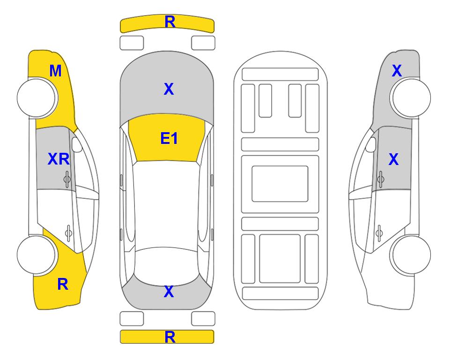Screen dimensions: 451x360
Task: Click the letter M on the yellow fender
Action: [56, 71]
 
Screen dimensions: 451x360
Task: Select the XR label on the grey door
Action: [59, 159]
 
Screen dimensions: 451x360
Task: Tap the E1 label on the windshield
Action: [169, 138]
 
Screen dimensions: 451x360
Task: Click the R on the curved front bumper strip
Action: [170, 22]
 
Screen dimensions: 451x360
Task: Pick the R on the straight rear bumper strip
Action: [170, 337]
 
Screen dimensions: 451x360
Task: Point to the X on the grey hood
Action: [169, 89]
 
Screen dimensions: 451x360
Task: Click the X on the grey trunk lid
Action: [169, 292]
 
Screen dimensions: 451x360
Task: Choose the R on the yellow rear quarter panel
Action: [63, 284]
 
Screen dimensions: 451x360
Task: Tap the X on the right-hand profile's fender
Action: [397, 71]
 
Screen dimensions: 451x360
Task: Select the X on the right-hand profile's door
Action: [393, 159]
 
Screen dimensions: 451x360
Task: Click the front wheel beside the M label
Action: [37, 98]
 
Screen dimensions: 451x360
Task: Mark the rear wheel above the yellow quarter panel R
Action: [37, 255]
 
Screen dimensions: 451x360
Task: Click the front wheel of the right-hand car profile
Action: [411, 98]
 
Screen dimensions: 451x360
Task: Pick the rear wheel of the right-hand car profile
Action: [411, 255]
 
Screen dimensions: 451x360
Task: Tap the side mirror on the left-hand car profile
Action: [77, 144]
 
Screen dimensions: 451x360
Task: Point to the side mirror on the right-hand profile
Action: [371, 144]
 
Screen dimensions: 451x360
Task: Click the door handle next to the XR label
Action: [67, 179]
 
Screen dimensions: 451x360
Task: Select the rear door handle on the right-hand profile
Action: [379, 233]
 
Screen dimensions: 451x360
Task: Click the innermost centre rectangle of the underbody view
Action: [280, 184]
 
